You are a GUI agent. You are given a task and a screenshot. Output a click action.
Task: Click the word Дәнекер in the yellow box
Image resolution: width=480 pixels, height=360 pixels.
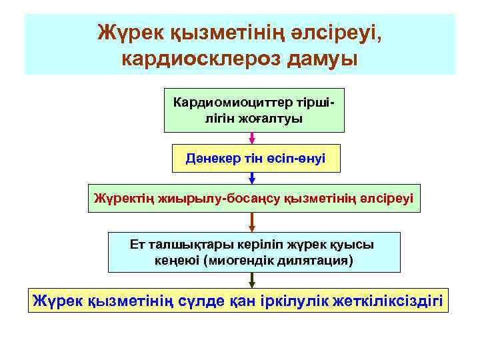click(212, 160)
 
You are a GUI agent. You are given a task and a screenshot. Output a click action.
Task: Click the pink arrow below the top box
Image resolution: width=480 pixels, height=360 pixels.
click(253, 138)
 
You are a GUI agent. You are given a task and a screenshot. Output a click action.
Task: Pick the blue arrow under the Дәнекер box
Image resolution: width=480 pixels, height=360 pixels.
click(253, 177)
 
